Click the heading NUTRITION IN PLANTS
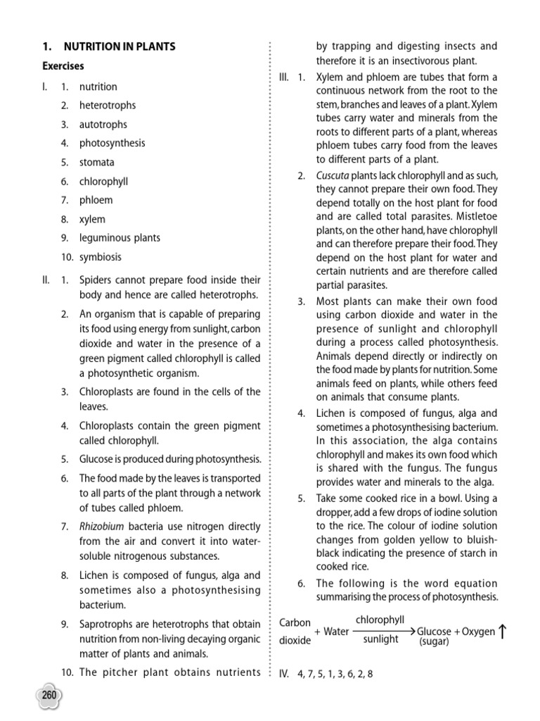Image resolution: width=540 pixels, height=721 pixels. (x=120, y=46)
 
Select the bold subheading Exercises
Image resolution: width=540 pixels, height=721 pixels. (x=62, y=66)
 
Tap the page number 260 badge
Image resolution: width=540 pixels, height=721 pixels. (x=49, y=696)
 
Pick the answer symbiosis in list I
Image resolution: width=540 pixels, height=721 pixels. (x=101, y=257)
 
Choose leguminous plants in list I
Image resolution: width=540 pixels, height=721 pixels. (x=120, y=238)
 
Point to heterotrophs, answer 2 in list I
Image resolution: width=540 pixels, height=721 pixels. (x=108, y=106)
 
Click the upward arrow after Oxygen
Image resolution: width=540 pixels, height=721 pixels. (x=503, y=632)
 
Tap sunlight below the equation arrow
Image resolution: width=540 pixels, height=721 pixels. (x=380, y=640)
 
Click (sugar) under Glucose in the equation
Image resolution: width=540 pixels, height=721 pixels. (x=435, y=642)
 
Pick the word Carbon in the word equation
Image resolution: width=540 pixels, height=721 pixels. (x=295, y=623)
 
